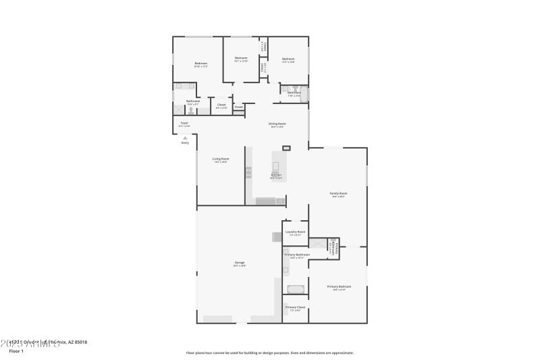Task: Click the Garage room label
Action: click(240, 263)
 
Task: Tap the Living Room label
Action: click(221, 159)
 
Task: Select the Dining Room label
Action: click(277, 124)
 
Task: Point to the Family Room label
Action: click(337, 194)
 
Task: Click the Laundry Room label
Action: click(295, 232)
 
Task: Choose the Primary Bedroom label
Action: click(339, 286)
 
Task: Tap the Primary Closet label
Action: click(295, 307)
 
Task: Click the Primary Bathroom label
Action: click(297, 255)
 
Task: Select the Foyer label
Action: click(184, 123)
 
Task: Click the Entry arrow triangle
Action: click(185, 138)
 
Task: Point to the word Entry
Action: click(185, 143)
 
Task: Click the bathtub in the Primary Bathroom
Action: click(296, 289)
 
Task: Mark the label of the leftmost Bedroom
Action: click(200, 63)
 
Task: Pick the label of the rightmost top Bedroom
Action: click(288, 59)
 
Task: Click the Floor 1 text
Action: click(16, 351)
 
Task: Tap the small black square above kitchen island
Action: click(286, 147)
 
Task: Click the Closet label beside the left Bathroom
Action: click(221, 105)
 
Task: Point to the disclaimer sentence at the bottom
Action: click(270, 353)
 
